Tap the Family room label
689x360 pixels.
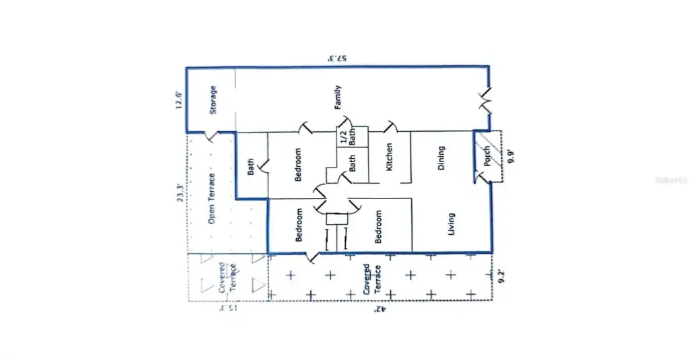tap(338, 97)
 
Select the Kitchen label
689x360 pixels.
tap(389, 157)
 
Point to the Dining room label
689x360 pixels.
tap(441, 157)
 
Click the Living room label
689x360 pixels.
tap(451, 225)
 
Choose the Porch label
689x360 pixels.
tap(488, 157)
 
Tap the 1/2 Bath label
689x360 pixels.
tap(346, 137)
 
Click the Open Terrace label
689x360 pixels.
tap(211, 199)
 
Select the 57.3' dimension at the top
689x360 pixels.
tap(336, 59)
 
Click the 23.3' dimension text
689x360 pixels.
tap(179, 193)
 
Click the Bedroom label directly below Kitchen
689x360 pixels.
tap(379, 226)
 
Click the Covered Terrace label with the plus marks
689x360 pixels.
tap(371, 278)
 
